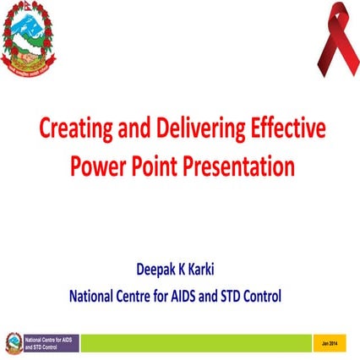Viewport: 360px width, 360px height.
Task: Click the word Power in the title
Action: pyautogui.click(x=95, y=166)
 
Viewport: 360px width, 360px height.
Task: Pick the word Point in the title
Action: pyautogui.click(x=152, y=166)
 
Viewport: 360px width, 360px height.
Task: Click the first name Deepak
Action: pyautogui.click(x=159, y=272)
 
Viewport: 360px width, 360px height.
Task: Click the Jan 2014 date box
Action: pyautogui.click(x=329, y=342)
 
